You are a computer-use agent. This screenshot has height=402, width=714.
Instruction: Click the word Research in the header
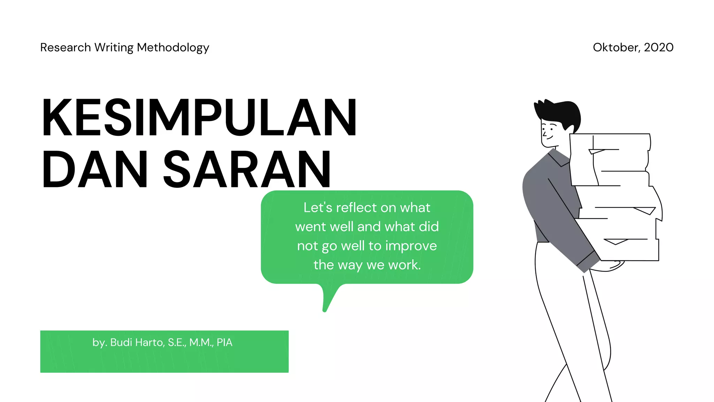[x=66, y=47]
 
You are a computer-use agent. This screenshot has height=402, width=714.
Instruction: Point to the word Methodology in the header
[x=173, y=48]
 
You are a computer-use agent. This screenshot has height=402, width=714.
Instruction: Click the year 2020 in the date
[x=659, y=47]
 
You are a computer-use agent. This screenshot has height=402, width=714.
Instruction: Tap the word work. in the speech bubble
[x=404, y=265]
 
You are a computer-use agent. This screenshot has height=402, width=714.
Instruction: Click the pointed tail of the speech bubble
[x=326, y=305]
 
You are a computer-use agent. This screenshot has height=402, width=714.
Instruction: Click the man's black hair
[x=561, y=112]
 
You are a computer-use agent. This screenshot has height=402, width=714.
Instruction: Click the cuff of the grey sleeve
[x=588, y=262]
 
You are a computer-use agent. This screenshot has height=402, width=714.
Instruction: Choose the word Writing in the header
[x=114, y=48]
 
